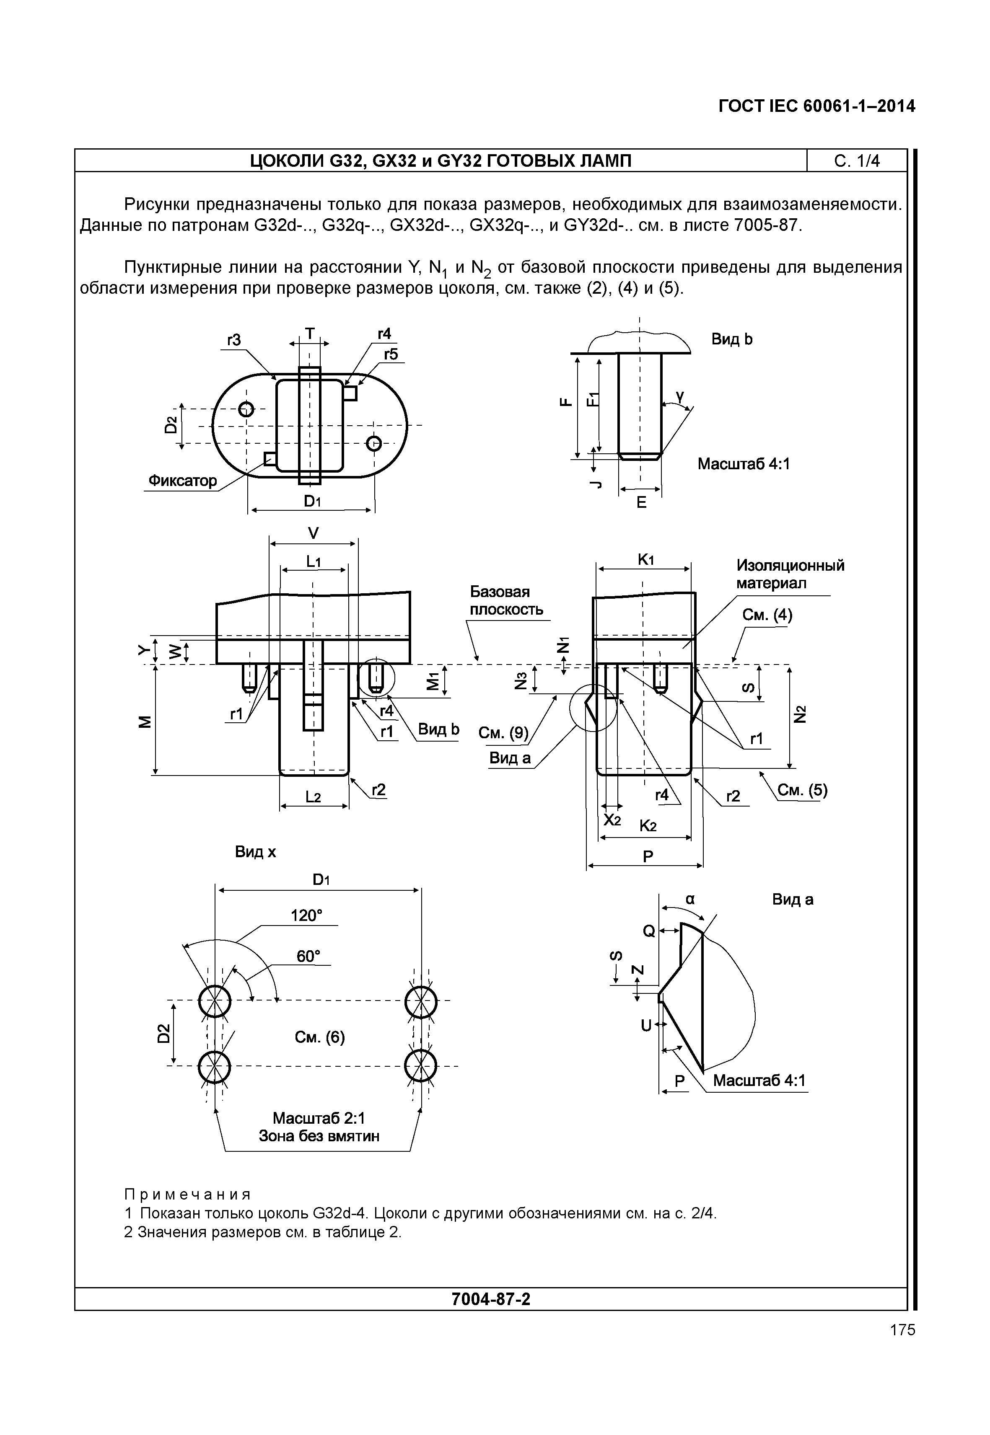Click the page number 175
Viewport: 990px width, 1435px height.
coord(902,1330)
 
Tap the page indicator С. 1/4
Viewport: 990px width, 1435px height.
coord(857,161)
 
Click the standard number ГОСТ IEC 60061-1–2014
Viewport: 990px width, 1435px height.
coord(816,107)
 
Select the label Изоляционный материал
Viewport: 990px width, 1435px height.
coord(790,574)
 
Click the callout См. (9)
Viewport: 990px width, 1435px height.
coord(503,733)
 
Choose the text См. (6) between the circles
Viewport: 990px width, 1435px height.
coord(319,1037)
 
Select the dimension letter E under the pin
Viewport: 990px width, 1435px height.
coord(641,503)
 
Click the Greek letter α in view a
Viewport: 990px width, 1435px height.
coord(690,899)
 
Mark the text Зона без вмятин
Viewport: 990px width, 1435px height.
coord(319,1136)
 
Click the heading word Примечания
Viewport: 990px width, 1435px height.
coord(187,1195)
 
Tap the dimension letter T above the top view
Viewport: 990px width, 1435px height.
coord(309,334)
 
